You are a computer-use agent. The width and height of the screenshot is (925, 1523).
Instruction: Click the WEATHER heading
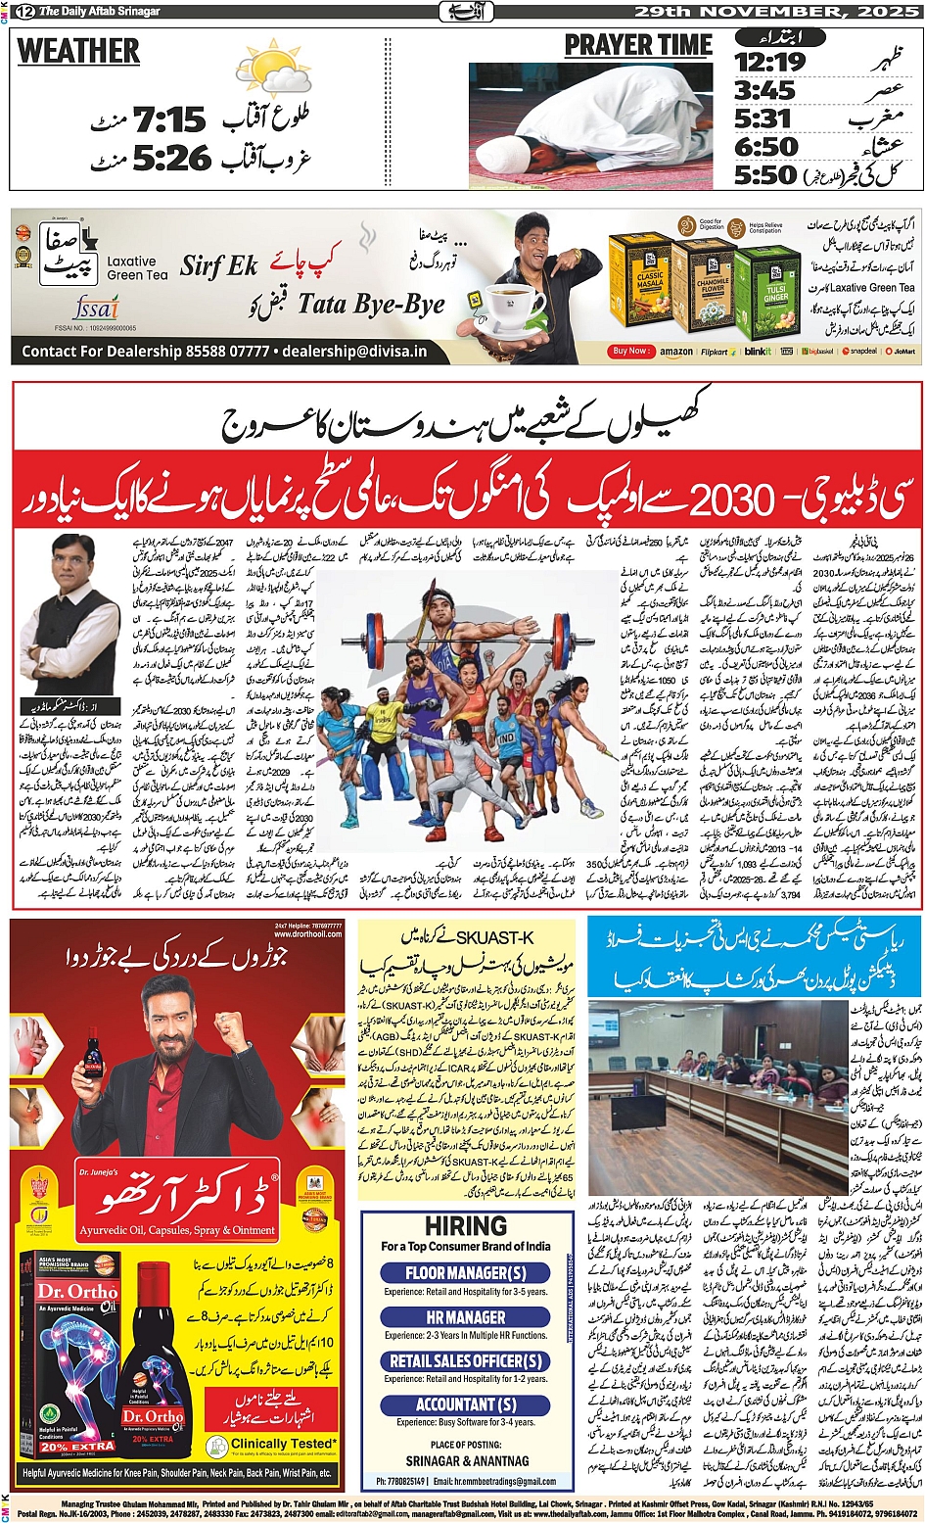(x=78, y=51)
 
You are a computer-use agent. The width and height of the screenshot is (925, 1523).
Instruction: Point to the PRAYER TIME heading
(x=638, y=45)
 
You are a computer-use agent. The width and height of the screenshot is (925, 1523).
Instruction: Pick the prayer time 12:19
(x=769, y=63)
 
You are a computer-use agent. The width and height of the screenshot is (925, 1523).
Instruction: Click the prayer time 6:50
(x=766, y=147)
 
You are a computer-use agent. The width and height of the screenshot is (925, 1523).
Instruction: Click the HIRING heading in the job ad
(x=465, y=1226)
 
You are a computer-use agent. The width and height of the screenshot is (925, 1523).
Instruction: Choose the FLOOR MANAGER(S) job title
(x=465, y=1273)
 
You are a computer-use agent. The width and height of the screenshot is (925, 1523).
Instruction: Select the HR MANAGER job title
(x=465, y=1317)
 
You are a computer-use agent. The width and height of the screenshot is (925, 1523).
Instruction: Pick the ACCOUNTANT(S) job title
(x=465, y=1404)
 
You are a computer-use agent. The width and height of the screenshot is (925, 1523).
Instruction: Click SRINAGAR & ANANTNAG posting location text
(x=466, y=1460)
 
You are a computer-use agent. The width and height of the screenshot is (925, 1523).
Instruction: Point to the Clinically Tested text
(x=284, y=1444)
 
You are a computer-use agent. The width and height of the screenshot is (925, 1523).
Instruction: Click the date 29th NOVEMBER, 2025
(x=777, y=11)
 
